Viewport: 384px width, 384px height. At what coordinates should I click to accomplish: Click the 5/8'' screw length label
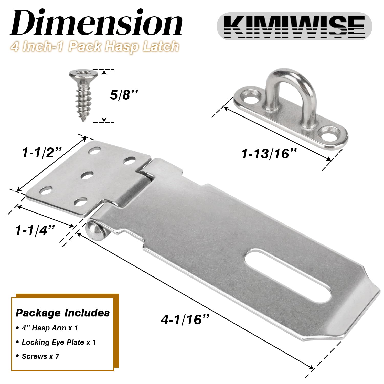(x=124, y=95)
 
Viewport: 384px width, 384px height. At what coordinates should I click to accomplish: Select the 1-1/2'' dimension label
(x=42, y=153)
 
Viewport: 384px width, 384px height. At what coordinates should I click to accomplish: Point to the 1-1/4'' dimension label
(x=35, y=230)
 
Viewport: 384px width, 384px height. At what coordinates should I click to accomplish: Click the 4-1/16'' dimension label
(x=185, y=320)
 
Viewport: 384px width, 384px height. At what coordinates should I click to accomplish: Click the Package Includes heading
(x=63, y=313)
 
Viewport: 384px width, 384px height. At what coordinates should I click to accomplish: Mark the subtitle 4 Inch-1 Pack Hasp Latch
(x=95, y=47)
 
